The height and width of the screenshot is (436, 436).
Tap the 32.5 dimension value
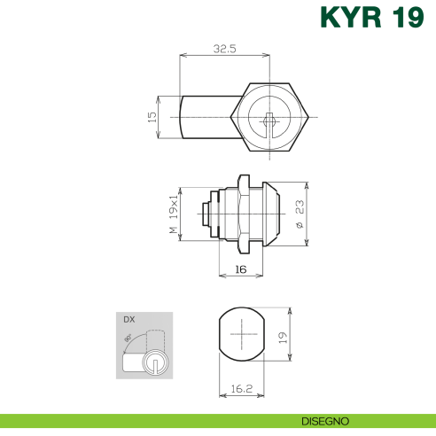[x=224, y=49]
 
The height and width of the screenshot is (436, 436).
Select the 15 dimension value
[x=152, y=116]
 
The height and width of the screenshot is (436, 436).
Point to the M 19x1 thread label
[x=174, y=215]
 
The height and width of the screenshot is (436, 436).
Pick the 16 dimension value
[x=241, y=269]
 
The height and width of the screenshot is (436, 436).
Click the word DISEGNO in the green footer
[x=324, y=420]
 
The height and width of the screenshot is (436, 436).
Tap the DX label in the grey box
[x=128, y=319]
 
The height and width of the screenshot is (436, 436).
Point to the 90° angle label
[x=129, y=338]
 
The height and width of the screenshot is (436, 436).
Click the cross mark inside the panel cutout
[x=241, y=336]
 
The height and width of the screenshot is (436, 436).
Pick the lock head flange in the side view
[x=269, y=214]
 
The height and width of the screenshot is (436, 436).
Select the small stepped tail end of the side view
[x=206, y=214]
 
